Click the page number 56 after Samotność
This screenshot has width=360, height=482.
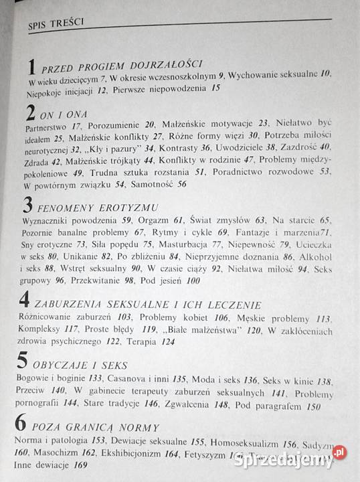182,185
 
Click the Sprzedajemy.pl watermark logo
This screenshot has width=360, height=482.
292,460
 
